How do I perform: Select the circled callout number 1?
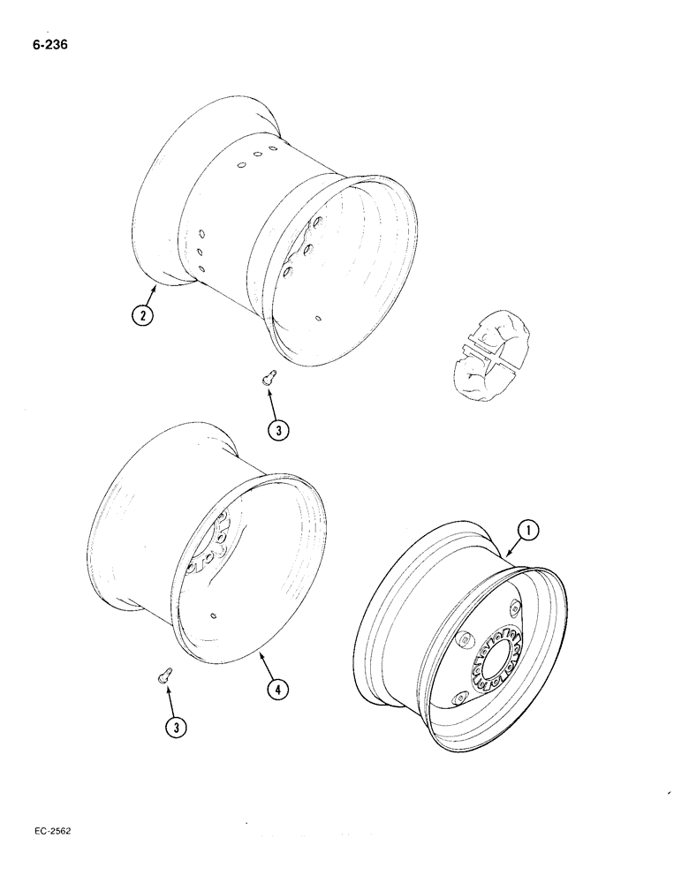click(527, 531)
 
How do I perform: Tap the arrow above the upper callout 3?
click(275, 402)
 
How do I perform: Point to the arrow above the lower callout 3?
click(171, 699)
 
